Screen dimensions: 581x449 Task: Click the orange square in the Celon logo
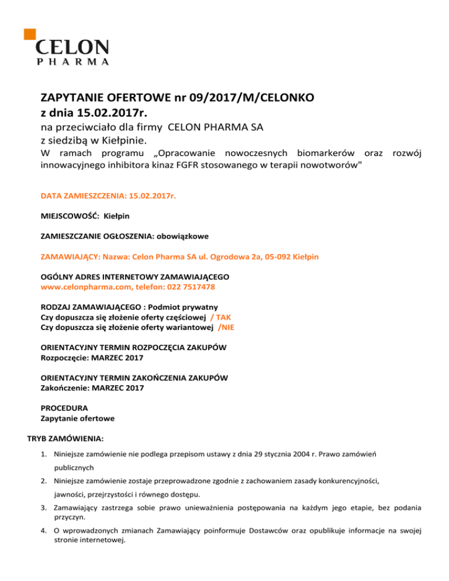(x=29, y=33)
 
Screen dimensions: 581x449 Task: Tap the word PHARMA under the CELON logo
(x=72, y=61)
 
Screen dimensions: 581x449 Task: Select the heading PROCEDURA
(x=64, y=407)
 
